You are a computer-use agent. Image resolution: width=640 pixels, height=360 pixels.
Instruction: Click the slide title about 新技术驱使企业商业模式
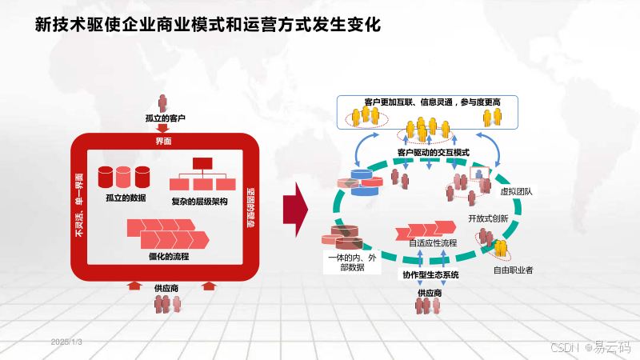(208, 26)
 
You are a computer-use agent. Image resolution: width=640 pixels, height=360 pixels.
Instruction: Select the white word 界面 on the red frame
(163, 142)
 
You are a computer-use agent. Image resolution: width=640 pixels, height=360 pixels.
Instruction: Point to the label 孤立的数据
(126, 197)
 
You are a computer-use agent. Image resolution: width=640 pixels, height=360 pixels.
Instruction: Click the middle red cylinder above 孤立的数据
(124, 177)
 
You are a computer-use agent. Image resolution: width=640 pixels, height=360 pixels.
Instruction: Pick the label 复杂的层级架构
(199, 201)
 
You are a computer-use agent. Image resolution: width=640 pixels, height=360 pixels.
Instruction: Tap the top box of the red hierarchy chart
(201, 163)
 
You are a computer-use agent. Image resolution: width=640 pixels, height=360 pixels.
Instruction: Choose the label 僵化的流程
(167, 256)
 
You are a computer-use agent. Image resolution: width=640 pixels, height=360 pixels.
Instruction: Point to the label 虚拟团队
(516, 192)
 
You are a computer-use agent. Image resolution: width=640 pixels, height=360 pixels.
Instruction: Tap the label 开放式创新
(488, 218)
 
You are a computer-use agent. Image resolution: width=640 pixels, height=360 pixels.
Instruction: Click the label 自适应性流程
(432, 242)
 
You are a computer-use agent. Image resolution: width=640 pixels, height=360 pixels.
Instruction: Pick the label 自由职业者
(513, 270)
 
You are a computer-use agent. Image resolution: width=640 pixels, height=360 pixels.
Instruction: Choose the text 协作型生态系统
(430, 275)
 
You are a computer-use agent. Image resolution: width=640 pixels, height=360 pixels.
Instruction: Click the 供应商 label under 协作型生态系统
(429, 293)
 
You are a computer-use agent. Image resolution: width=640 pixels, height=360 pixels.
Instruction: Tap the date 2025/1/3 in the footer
(67, 342)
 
